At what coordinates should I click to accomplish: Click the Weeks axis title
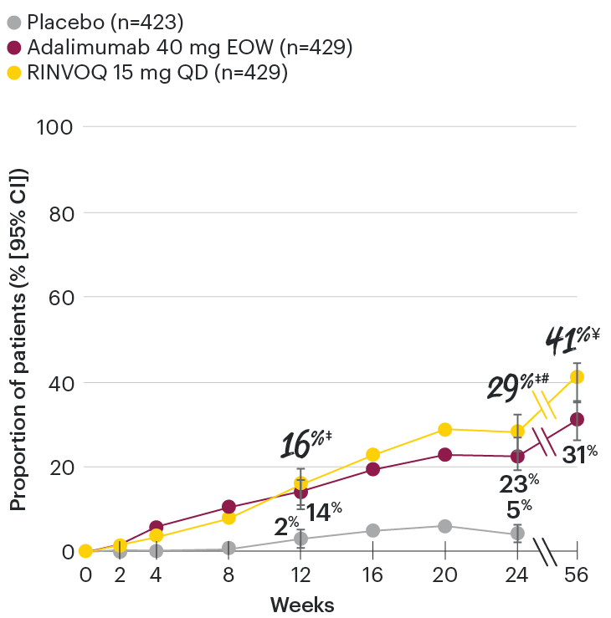302,604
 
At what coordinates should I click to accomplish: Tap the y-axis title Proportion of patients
18,339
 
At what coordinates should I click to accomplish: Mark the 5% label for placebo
520,506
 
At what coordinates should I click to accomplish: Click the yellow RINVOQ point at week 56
577,377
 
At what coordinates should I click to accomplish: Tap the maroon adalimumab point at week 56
577,419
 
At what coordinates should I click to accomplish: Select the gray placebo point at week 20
444,526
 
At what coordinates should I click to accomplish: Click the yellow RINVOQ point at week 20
444,429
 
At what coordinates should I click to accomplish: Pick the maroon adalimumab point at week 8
228,507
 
